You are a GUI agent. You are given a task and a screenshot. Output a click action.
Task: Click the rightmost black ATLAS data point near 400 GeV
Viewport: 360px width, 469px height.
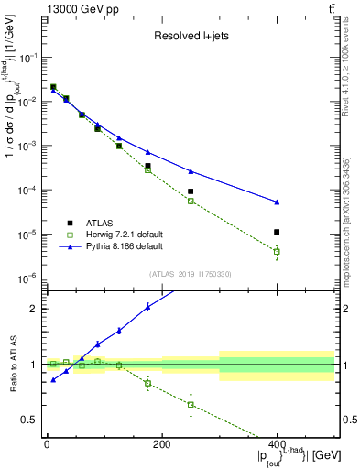(x=277, y=232)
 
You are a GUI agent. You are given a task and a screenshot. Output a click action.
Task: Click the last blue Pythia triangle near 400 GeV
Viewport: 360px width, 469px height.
(x=277, y=202)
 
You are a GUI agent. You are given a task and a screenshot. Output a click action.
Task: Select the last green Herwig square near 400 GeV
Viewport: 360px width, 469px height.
(x=277, y=251)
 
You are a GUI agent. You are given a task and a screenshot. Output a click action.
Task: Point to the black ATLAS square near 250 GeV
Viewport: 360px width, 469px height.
(x=191, y=191)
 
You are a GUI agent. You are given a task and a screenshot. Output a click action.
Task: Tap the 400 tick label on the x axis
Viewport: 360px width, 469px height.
(x=277, y=443)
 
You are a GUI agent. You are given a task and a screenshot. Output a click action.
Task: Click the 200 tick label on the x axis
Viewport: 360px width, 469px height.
(x=161, y=443)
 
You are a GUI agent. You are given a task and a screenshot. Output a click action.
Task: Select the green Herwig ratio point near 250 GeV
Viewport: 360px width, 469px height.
(x=191, y=404)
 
